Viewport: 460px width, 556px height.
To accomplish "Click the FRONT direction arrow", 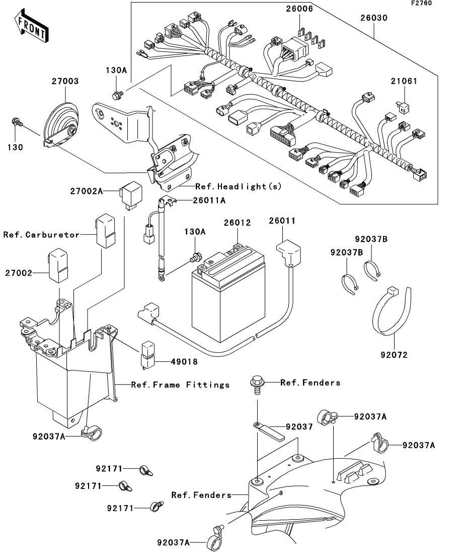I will click(31, 29).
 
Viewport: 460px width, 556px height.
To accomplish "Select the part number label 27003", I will click(64, 81).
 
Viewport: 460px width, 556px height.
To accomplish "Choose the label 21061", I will click(405, 81).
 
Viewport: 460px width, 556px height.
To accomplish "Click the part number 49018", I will click(170, 361).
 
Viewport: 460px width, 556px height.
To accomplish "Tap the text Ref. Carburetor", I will click(41, 235).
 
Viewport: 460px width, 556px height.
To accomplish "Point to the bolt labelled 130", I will click(16, 121).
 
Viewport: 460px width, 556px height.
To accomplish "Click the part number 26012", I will click(237, 222).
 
